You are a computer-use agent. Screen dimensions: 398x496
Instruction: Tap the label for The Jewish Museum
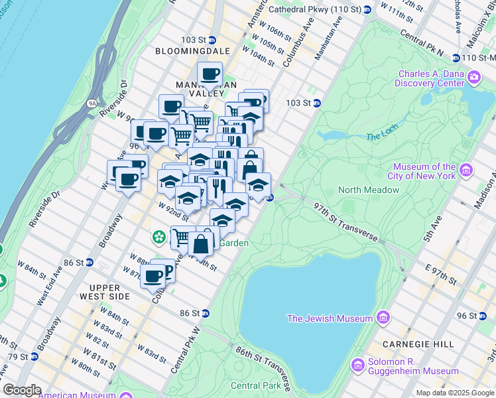pyautogui.click(x=329, y=318)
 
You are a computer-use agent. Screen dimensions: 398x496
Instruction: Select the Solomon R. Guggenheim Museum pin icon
pyautogui.click(x=357, y=365)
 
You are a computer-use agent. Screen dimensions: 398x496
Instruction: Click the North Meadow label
pyautogui.click(x=369, y=190)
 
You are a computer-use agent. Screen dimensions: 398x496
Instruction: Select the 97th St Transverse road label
pyautogui.click(x=345, y=223)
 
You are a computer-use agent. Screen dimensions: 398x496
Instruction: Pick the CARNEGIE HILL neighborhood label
pyautogui.click(x=418, y=344)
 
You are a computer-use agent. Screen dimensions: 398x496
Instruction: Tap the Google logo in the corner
pyautogui.click(x=22, y=390)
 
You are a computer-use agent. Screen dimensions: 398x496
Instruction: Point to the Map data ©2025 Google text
pyautogui.click(x=454, y=393)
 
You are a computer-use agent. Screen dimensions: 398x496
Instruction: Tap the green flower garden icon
pyautogui.click(x=159, y=236)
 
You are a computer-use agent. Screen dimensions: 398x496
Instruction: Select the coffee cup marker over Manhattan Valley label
pyautogui.click(x=210, y=75)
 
